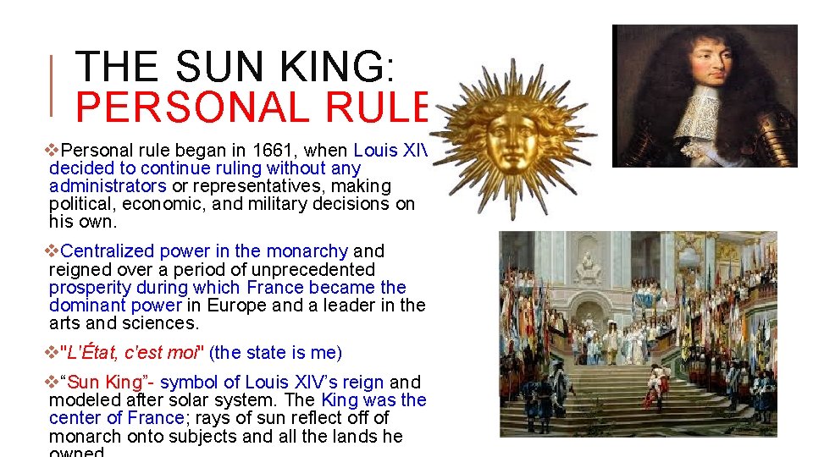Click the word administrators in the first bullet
[108, 186]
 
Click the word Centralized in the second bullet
[108, 251]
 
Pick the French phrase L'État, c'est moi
[135, 352]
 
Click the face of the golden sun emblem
[512, 129]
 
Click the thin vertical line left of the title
[53, 85]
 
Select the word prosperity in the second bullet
[87, 288]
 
